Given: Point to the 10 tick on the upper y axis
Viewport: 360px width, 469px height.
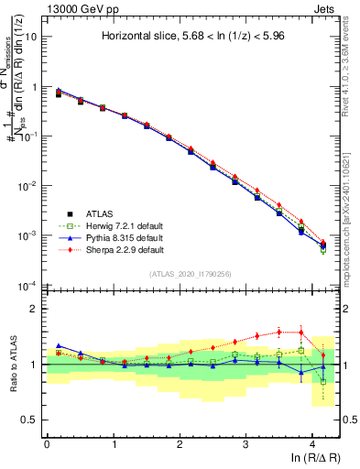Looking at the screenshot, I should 32,38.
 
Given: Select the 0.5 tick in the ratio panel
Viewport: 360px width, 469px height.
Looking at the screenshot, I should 32,420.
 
